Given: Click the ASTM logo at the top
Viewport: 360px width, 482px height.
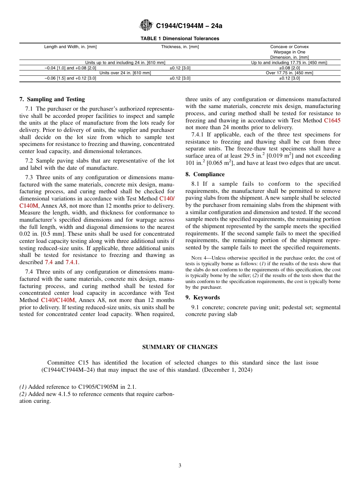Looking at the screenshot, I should click(x=146, y=25).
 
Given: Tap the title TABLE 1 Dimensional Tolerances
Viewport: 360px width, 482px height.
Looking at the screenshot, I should click(x=180, y=39).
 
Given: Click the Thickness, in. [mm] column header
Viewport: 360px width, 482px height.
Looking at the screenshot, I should click(x=180, y=47).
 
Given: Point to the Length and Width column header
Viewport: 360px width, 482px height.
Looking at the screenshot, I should click(x=70, y=47).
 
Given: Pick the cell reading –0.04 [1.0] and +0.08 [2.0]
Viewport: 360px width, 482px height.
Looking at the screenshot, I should click(x=70, y=68).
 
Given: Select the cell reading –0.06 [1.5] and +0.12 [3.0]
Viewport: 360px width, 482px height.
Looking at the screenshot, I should click(x=70, y=78).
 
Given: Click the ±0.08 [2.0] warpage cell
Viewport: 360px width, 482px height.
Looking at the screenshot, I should click(x=289, y=68).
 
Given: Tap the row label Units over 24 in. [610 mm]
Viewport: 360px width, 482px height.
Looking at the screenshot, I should click(x=125, y=73).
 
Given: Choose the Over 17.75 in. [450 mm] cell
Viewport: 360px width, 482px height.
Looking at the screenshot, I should click(x=289, y=73).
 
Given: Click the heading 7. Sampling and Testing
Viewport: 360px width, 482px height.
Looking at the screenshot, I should click(x=52, y=99).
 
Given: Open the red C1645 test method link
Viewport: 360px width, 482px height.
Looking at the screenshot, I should click(x=332, y=121).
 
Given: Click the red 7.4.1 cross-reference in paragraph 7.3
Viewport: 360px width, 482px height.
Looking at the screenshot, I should click(x=72, y=262).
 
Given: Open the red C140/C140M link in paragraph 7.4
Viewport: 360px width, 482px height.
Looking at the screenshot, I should click(x=58, y=300).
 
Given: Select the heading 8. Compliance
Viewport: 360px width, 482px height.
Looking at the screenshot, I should click(x=205, y=174).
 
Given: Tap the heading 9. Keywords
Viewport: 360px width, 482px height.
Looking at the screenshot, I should click(x=202, y=297).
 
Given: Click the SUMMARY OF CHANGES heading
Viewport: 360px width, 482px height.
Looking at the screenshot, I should click(x=180, y=347).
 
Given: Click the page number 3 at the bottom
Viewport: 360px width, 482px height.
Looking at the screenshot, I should click(x=180, y=466).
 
